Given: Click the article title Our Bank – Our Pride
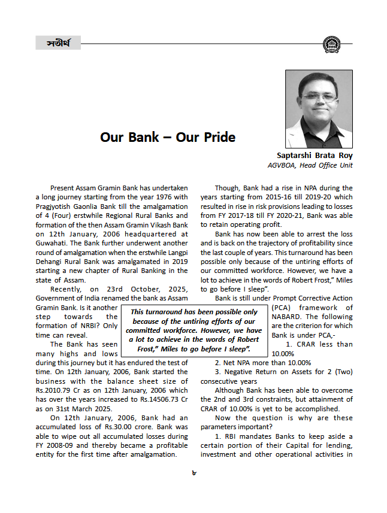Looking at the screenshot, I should coord(168,137).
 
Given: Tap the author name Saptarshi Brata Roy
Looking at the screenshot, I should coord(315,155).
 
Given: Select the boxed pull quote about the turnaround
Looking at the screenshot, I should coord(193,330).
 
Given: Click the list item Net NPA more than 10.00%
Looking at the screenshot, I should coord(263,362).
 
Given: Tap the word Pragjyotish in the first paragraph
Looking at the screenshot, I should coord(57,207).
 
